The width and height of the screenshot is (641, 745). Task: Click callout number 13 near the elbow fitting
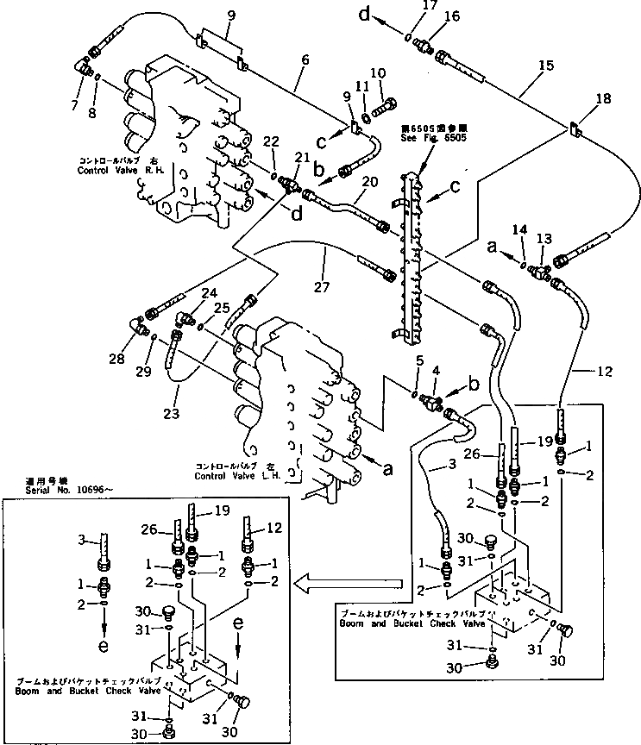[x=544, y=237]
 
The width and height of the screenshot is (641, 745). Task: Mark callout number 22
[x=270, y=142]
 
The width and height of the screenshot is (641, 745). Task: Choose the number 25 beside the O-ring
[x=221, y=307]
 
